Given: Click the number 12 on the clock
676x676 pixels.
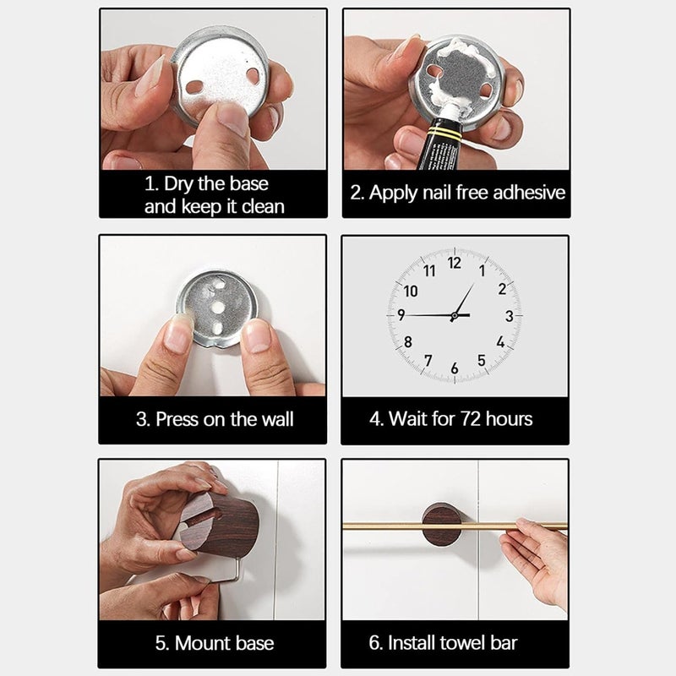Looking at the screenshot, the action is pyautogui.click(x=455, y=263).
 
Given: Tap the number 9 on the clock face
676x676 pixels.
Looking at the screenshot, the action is pyautogui.click(x=401, y=315).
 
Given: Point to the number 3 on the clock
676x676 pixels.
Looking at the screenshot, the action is pyautogui.click(x=510, y=316).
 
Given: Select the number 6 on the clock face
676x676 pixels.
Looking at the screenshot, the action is pyautogui.click(x=455, y=368).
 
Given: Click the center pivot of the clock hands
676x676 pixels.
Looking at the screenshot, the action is pyautogui.click(x=454, y=316).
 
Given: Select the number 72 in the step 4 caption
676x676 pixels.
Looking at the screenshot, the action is pyautogui.click(x=471, y=418).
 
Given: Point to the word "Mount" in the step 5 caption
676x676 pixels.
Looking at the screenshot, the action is pyautogui.click(x=199, y=643).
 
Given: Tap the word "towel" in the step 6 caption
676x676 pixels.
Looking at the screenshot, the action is pyautogui.click(x=457, y=642).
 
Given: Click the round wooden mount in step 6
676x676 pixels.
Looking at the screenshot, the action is pyautogui.click(x=441, y=524).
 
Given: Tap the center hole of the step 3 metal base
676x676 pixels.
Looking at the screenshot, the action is pyautogui.click(x=219, y=308).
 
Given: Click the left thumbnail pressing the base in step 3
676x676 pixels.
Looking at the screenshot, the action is pyautogui.click(x=178, y=333).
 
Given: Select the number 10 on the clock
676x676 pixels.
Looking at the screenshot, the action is pyautogui.click(x=411, y=292).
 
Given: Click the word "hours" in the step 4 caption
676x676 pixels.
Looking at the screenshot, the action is pyautogui.click(x=510, y=418).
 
